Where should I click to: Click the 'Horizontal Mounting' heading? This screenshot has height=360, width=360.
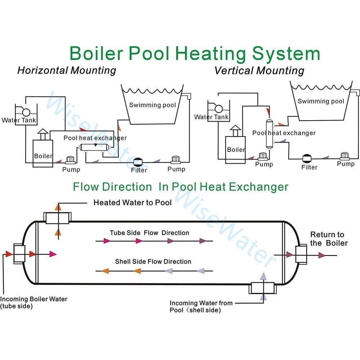(x=67, y=70)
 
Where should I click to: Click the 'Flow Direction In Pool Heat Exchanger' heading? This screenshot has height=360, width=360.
(x=181, y=187)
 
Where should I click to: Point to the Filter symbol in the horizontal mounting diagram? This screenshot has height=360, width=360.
(x=138, y=162)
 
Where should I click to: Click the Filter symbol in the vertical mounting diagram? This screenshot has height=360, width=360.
(x=307, y=158)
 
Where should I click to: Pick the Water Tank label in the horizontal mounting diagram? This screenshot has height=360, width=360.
(x=19, y=120)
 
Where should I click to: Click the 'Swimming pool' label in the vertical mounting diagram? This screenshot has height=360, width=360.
(x=321, y=101)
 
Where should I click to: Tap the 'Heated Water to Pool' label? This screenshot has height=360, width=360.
(x=132, y=203)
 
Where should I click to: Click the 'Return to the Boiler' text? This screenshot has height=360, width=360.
(x=329, y=239)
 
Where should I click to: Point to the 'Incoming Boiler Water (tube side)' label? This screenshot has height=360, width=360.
(x=33, y=302)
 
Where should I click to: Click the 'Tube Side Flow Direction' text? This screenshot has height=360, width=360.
(x=149, y=233)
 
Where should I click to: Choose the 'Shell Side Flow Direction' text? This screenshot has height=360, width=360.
(x=153, y=262)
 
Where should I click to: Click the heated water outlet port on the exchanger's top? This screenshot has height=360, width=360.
(x=58, y=217)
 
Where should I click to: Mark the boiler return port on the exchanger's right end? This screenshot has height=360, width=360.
(x=300, y=255)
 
